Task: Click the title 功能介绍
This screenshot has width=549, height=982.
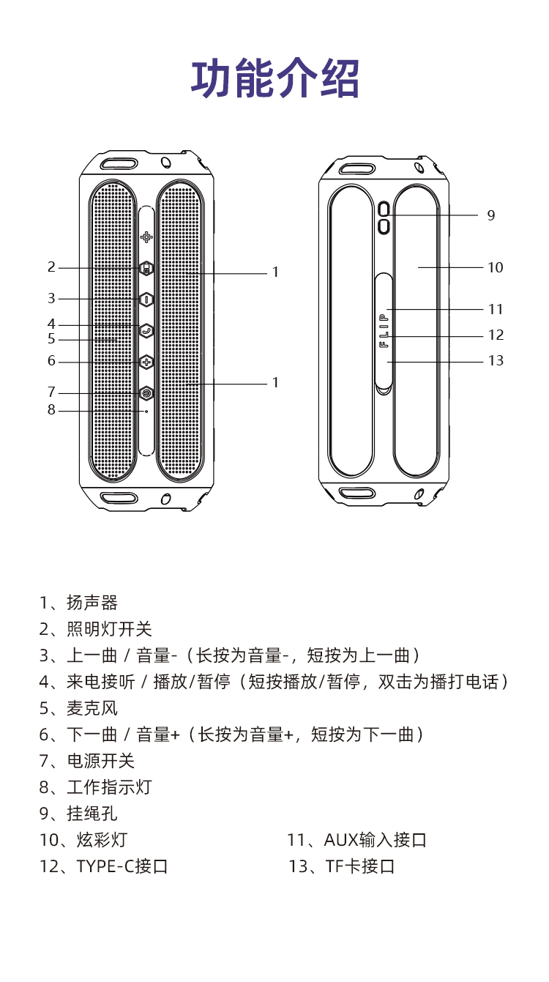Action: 274,79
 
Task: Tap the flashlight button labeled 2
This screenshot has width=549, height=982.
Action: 146,269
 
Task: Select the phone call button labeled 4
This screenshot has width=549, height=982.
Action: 146,330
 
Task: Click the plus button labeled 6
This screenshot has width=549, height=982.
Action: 146,362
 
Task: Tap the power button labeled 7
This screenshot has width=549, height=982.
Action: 146,393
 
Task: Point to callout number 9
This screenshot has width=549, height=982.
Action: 491,215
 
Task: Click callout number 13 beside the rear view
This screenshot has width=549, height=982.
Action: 496,361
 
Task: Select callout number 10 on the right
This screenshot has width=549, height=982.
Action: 496,268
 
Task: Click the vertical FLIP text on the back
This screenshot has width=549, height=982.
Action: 384,330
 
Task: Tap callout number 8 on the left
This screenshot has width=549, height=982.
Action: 51,410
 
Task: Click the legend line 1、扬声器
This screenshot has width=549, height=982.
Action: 78,603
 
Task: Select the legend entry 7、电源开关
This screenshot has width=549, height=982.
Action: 87,762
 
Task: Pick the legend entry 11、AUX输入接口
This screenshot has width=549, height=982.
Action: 356,841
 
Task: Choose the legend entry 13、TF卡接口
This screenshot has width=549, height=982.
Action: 342,867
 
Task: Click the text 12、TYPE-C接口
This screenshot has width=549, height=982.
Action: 103,867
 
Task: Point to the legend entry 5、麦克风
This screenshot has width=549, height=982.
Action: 78,709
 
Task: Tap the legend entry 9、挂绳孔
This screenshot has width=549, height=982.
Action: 78,814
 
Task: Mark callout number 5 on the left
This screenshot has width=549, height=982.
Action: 51,339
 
